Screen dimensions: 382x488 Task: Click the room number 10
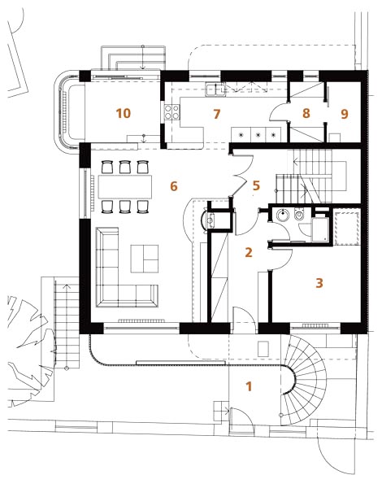tap(124, 113)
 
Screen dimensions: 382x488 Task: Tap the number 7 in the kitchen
tap(217, 114)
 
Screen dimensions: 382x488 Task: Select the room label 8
tap(306, 113)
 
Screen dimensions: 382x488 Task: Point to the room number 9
tap(344, 114)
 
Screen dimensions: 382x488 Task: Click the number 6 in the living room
tap(174, 186)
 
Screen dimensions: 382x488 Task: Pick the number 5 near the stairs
tap(256, 185)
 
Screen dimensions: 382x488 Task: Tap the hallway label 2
tap(249, 252)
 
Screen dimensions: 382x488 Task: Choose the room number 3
tap(319, 283)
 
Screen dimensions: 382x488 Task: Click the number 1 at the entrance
tap(249, 386)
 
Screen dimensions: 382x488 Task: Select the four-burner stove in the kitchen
tap(172, 112)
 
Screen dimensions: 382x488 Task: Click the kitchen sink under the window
tap(215, 89)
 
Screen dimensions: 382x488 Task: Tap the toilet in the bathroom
tap(299, 215)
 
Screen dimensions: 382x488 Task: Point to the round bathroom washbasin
tap(283, 215)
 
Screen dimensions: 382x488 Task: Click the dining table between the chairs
tap(125, 187)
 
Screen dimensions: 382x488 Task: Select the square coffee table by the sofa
tap(145, 259)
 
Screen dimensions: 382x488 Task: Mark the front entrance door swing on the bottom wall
tap(244, 316)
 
